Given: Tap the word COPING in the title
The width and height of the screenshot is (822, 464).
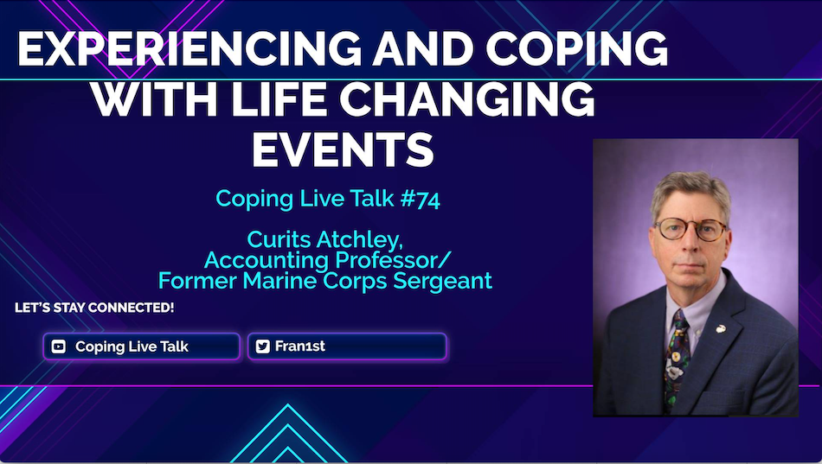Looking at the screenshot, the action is click(x=576, y=48).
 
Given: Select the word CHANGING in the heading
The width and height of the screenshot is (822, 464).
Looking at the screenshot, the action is click(x=471, y=99).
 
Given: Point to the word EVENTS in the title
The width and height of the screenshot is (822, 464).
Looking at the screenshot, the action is click(x=343, y=149).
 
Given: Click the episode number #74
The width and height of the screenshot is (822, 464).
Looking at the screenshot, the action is click(x=421, y=200).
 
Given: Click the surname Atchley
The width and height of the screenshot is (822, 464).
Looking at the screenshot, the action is click(x=360, y=240).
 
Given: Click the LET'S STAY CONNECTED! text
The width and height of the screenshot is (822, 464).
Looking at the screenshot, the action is click(x=94, y=308).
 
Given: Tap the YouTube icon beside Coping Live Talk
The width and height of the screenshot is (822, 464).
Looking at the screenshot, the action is click(x=59, y=346).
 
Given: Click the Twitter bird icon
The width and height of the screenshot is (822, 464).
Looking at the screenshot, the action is click(x=263, y=346).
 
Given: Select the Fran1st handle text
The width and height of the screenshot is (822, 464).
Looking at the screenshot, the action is click(x=300, y=346).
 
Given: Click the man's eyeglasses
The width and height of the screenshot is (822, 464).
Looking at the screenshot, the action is click(x=690, y=229).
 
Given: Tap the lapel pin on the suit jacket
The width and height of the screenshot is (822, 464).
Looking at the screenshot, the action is click(x=722, y=329).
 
